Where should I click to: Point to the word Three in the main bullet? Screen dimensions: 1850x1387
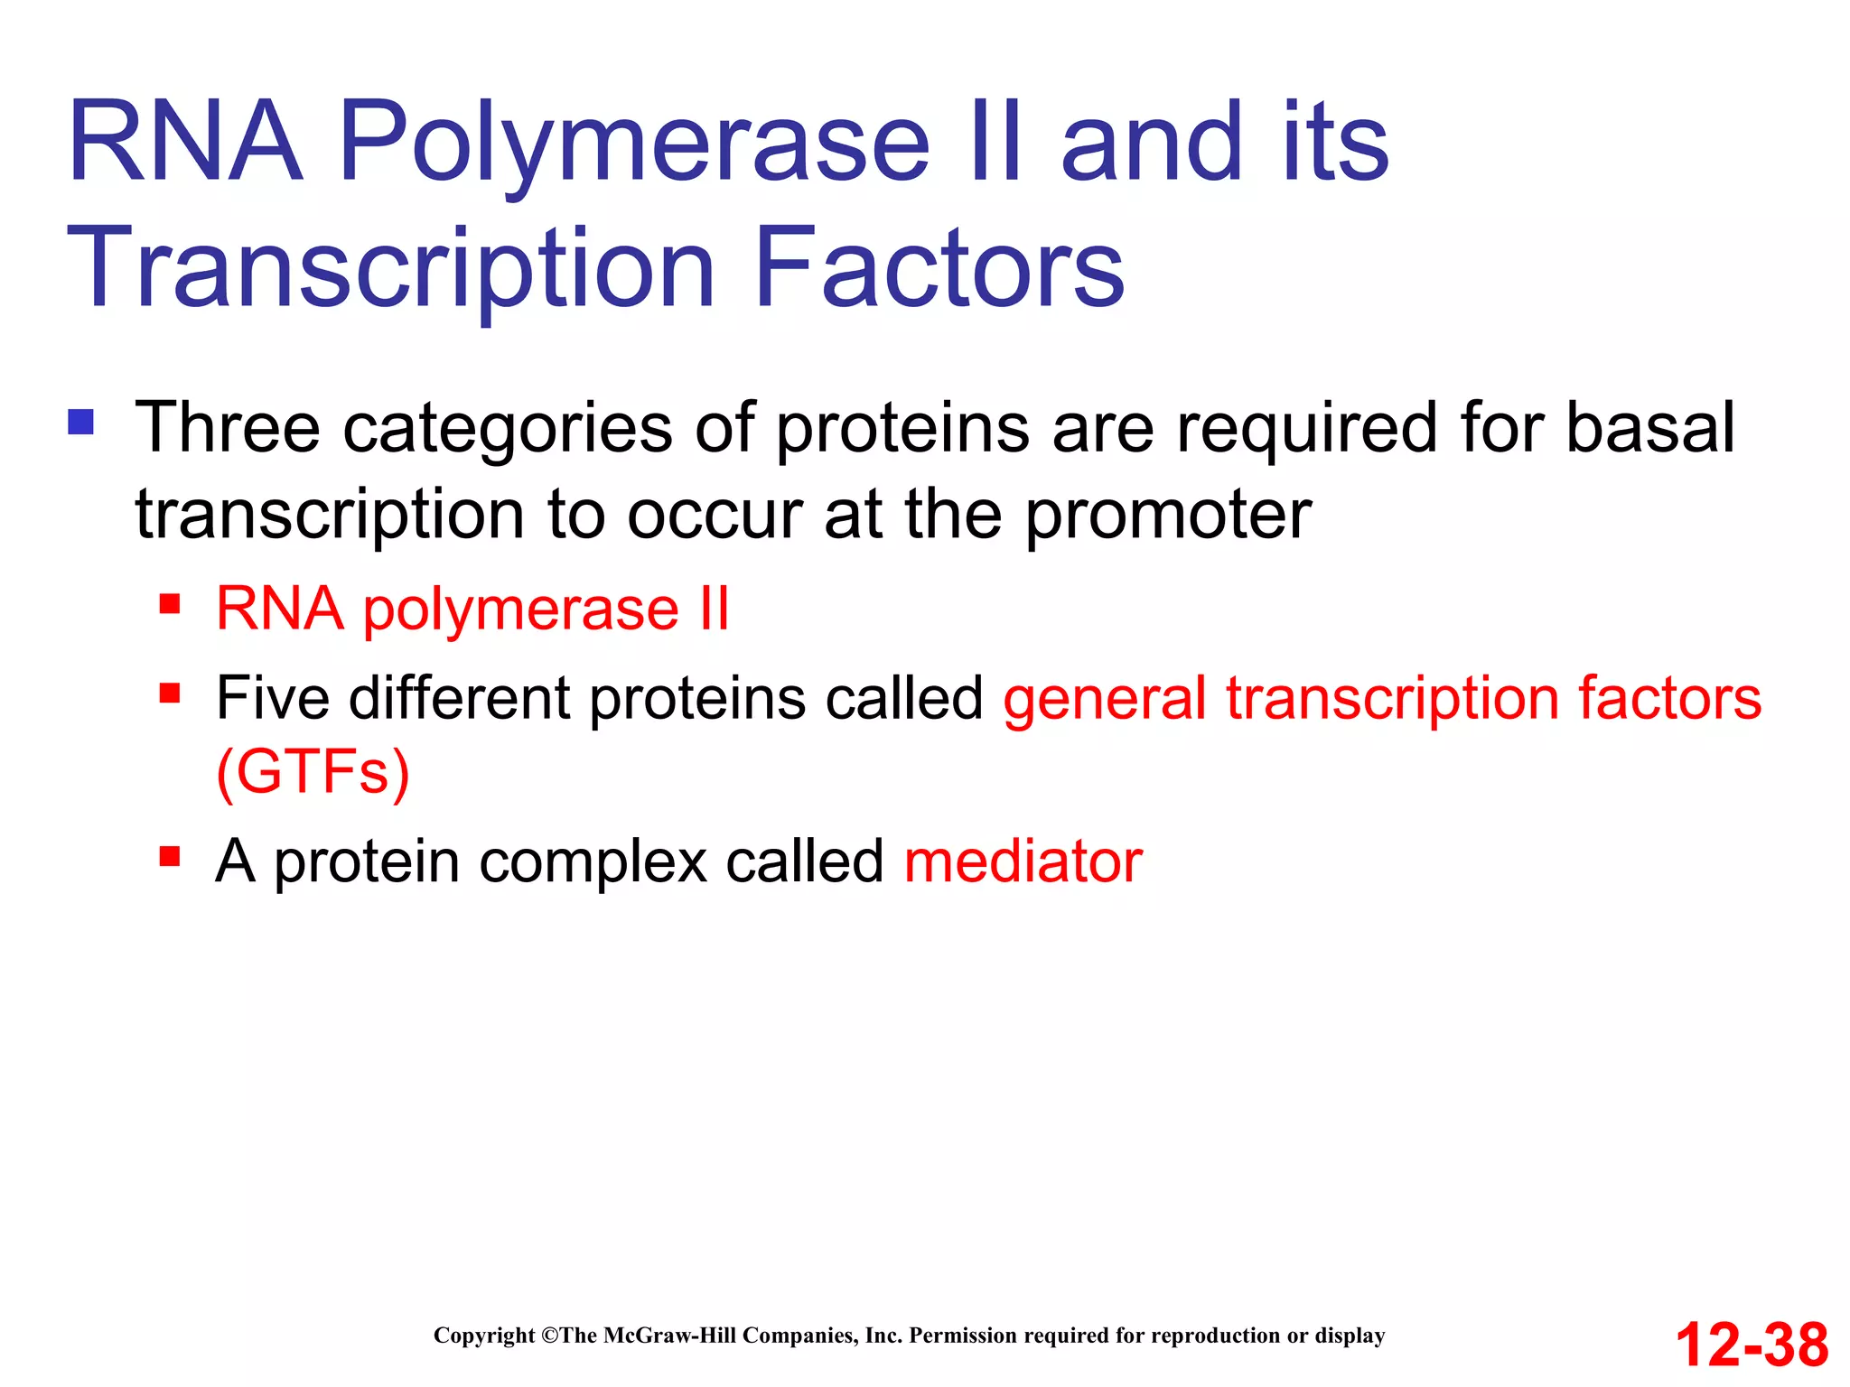pos(227,427)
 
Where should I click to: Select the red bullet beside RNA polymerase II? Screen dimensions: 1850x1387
pos(170,603)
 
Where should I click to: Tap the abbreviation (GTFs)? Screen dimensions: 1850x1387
pos(313,773)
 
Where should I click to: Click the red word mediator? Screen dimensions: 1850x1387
pos(1023,861)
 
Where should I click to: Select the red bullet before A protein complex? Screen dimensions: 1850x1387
pos(170,855)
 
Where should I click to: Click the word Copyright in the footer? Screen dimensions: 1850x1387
pos(484,1336)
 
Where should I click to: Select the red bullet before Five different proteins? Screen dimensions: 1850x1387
pos(170,693)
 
